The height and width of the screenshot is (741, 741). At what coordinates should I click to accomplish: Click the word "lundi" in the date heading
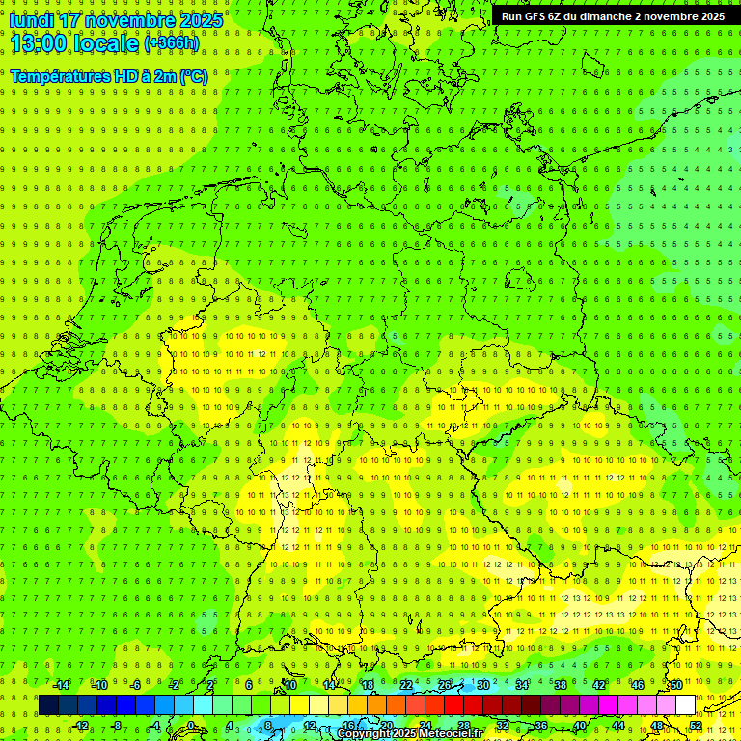(x=32, y=19)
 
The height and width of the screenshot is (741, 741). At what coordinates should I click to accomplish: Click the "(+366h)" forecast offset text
(x=172, y=43)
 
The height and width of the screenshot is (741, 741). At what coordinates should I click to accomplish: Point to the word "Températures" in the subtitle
(x=57, y=76)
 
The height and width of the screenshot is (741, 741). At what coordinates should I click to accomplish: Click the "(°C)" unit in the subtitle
(x=193, y=76)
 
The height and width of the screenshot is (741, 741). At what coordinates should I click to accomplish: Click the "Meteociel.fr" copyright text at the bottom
(x=451, y=734)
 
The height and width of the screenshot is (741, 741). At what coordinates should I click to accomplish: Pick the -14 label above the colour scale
(x=61, y=685)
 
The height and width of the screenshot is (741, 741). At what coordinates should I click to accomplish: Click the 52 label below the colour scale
(x=696, y=726)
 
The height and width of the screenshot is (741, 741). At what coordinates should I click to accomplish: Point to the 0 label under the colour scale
(x=191, y=726)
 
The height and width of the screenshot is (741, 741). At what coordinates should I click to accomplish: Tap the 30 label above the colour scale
(x=482, y=685)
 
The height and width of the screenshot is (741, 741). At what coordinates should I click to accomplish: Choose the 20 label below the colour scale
(x=386, y=726)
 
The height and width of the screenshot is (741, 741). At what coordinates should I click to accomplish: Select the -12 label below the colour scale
(x=81, y=726)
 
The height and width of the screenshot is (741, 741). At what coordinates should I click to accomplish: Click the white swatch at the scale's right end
(x=685, y=705)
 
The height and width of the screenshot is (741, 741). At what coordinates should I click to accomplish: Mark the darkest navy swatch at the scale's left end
(x=48, y=705)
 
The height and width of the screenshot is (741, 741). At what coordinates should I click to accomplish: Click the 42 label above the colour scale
(x=598, y=685)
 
